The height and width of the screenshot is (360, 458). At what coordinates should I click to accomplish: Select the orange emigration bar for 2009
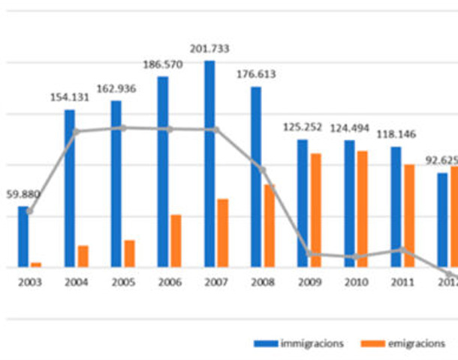click(x=316, y=210)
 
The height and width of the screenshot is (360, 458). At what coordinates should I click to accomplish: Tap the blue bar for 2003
click(x=23, y=236)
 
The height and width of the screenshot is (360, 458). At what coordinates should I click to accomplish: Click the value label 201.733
click(x=209, y=49)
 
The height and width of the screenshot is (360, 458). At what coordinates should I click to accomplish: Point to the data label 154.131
click(x=70, y=97)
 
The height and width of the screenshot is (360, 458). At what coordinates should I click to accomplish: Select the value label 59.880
click(x=23, y=194)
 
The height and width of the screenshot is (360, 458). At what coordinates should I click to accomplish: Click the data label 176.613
click(x=256, y=74)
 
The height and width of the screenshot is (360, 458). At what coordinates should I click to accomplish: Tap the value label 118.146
click(x=396, y=133)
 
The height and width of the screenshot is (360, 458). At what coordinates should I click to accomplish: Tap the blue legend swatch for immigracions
click(x=265, y=343)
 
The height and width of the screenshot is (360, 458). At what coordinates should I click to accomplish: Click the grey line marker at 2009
click(x=308, y=253)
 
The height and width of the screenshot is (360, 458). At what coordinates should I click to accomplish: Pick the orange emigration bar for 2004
click(x=83, y=256)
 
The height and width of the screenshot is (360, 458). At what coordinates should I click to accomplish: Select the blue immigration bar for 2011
click(x=396, y=206)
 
